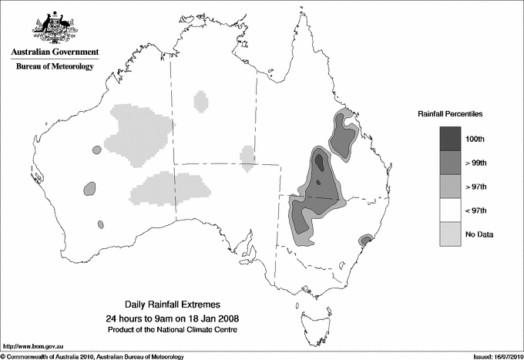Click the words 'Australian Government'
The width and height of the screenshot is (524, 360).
click(x=54, y=53)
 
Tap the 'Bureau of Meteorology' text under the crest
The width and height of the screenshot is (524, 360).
click(x=55, y=67)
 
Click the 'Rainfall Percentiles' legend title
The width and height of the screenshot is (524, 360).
click(x=450, y=114)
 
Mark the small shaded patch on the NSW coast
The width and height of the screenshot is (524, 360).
click(x=366, y=242)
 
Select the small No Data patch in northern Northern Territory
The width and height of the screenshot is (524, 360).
click(x=202, y=100)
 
